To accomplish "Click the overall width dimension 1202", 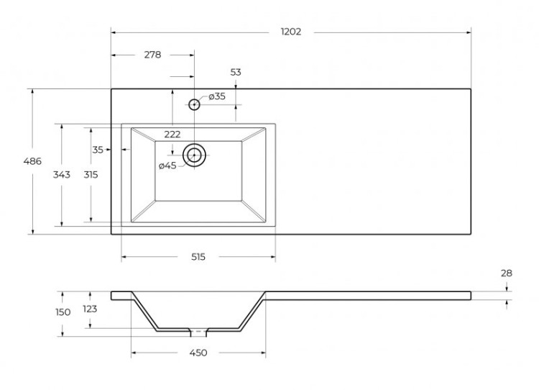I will [x=290, y=32].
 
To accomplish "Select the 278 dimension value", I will [x=152, y=54].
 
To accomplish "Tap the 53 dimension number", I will [x=236, y=72].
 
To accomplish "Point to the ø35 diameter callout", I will [x=216, y=96].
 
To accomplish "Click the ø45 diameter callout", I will [x=167, y=165].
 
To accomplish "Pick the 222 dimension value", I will [x=172, y=134].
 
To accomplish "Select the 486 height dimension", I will [x=32, y=161].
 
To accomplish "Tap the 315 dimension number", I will [x=91, y=174].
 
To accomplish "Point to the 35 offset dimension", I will [x=98, y=150].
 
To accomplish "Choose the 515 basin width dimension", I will [x=198, y=257].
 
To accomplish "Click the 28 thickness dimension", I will [x=506, y=273].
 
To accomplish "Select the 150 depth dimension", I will [x=63, y=312].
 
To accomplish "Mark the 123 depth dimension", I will [x=91, y=309].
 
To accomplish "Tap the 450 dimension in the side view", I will [x=198, y=353].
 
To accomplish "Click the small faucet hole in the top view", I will [x=194, y=104].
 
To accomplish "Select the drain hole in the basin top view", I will [x=194, y=155].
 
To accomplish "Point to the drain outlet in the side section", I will [x=198, y=332].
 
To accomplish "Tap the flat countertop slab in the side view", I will [x=367, y=294].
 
